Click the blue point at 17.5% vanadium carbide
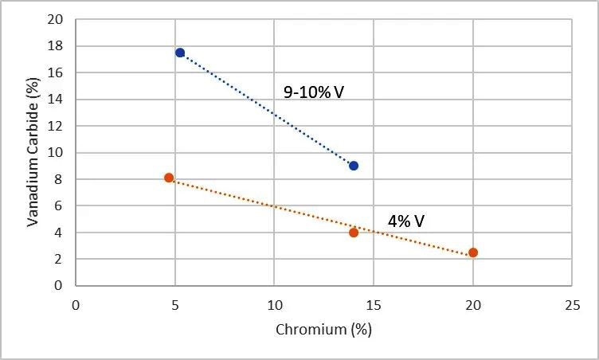(180, 53)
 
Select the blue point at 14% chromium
(354, 166)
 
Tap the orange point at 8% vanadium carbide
(169, 178)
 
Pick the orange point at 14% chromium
(354, 233)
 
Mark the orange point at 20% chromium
(473, 252)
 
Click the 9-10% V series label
(313, 92)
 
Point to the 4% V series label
(406, 221)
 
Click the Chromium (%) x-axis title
(323, 329)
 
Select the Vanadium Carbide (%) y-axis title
(33, 152)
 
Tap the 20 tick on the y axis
(56, 20)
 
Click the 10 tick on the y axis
(56, 153)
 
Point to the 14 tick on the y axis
(56, 100)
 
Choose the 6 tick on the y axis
(59, 206)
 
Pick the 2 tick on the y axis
(59, 259)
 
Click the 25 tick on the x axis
(572, 305)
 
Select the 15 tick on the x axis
(374, 305)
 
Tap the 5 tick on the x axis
(175, 305)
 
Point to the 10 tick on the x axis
(274, 305)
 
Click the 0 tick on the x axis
(76, 305)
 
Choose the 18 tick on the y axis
(56, 46)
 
